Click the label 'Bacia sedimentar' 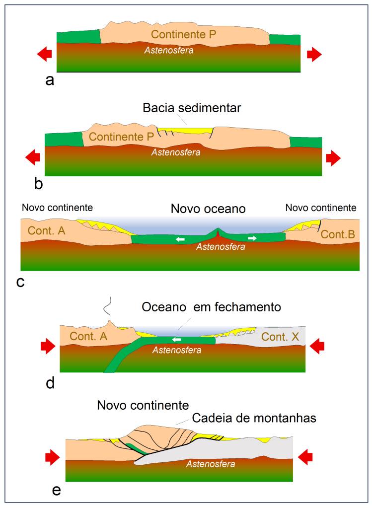(x=192, y=108)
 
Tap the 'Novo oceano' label (x=208, y=209)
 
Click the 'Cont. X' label (x=280, y=337)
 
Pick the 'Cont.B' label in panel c (x=338, y=234)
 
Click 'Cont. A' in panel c (x=46, y=231)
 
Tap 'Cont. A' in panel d (x=88, y=336)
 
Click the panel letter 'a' (x=50, y=79)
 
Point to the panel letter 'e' (x=57, y=491)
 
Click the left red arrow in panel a (x=45, y=54)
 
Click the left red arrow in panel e (x=53, y=455)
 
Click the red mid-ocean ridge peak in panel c (x=218, y=232)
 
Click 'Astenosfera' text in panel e (x=211, y=464)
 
